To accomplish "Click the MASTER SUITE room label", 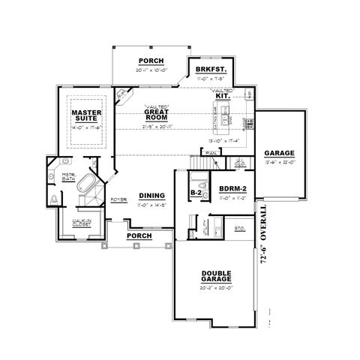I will pyautogui.click(x=86, y=116).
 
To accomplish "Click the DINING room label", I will pyautogui.click(x=152, y=196).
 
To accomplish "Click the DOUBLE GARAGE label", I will pyautogui.click(x=216, y=277).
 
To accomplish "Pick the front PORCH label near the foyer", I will pyautogui.click(x=139, y=235).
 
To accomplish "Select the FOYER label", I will pyautogui.click(x=118, y=200).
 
